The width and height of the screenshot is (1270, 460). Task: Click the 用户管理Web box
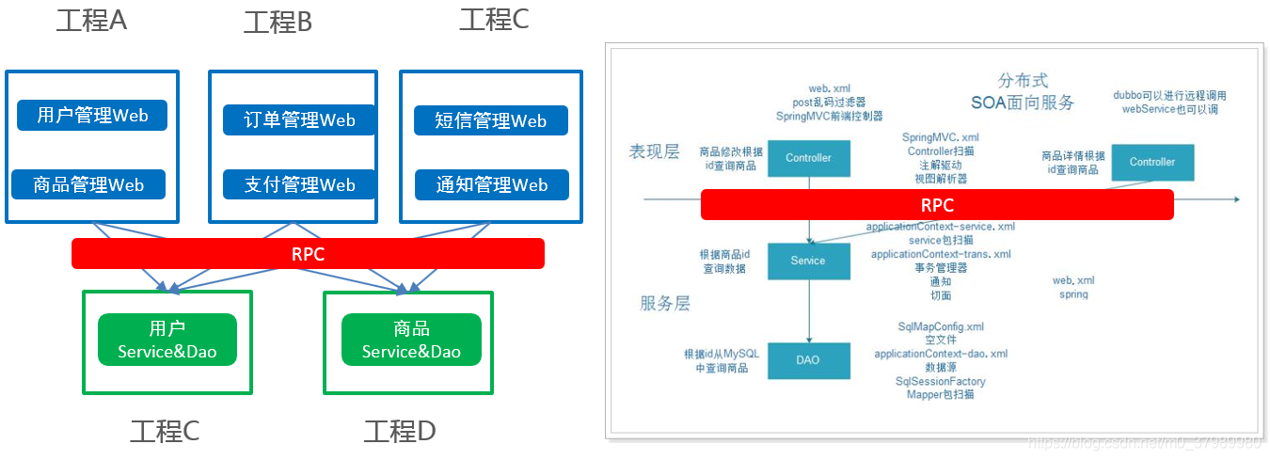(x=92, y=116)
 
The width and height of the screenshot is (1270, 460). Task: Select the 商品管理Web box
(x=88, y=184)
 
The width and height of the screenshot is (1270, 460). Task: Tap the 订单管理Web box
(x=300, y=119)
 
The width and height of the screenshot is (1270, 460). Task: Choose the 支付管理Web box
(x=300, y=184)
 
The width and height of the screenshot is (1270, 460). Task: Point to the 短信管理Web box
(x=491, y=120)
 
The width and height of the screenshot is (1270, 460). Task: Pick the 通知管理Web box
(x=491, y=184)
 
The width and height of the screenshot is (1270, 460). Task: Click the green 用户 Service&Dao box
(x=167, y=340)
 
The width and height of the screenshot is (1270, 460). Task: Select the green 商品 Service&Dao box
(x=411, y=340)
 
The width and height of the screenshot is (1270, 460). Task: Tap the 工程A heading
(x=91, y=21)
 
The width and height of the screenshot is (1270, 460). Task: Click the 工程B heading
(x=278, y=23)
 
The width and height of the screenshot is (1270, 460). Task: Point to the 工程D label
(x=400, y=432)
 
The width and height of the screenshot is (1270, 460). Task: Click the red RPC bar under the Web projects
(x=308, y=253)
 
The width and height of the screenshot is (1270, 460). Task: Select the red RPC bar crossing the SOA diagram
(x=937, y=204)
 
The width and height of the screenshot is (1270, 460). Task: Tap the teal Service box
(x=808, y=261)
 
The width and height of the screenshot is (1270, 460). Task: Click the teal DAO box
(x=808, y=360)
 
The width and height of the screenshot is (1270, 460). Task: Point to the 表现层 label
(x=653, y=151)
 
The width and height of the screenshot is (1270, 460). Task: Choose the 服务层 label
(x=665, y=303)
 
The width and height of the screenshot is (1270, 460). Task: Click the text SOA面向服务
(x=1023, y=103)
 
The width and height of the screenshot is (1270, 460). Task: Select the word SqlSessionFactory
(x=941, y=381)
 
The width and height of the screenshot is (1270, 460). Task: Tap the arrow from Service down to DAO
(x=809, y=310)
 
